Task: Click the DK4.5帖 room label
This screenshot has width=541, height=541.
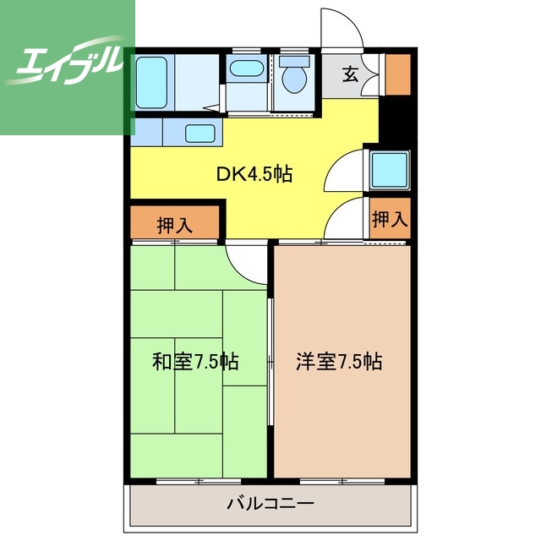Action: coord(254,174)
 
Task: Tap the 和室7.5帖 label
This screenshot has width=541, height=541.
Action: coord(195,362)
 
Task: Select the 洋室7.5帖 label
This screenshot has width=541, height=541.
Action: coord(339,362)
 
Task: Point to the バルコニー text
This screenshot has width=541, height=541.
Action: coord(270,504)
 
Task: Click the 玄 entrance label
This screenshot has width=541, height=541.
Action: coord(350,74)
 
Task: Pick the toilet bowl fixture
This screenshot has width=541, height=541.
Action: coord(294,75)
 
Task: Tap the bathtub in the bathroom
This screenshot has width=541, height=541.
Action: coord(151,83)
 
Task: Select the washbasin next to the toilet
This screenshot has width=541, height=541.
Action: coord(246,68)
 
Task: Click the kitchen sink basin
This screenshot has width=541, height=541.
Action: coord(199,134)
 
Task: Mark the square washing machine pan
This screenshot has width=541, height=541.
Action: coord(390,170)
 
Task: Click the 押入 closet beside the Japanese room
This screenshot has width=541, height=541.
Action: coord(175,222)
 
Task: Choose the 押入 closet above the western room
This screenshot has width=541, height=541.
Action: coord(390,218)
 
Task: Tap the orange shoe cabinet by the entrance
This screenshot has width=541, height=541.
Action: coord(398,74)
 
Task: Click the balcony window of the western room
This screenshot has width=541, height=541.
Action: coord(342,481)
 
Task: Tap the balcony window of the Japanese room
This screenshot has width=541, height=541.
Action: coord(199,481)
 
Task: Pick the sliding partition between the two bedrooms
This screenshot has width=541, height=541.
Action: coord(270,362)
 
